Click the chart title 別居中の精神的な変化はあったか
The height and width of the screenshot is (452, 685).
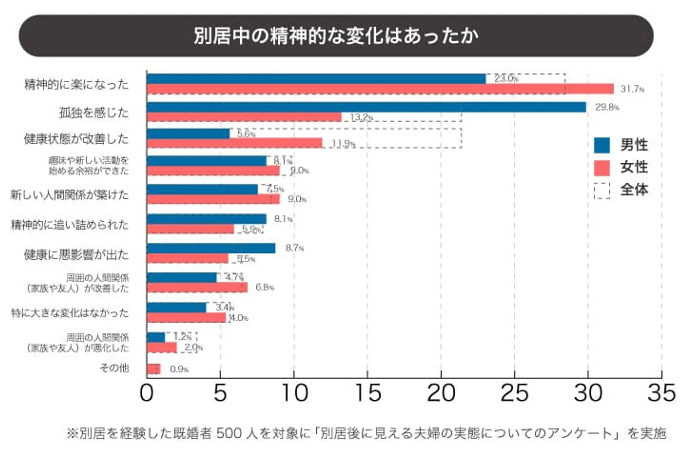[x=336, y=36]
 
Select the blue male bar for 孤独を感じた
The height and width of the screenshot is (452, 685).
[x=366, y=107]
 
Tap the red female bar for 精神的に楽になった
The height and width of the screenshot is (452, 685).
[x=381, y=89]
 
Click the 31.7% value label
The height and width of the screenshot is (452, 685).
[x=632, y=89]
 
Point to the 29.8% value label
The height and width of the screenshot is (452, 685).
[x=607, y=107]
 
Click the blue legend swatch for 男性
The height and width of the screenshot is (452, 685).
[x=602, y=145]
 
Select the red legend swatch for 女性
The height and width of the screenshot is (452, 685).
[x=602, y=167]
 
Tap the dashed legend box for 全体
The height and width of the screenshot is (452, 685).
[x=602, y=190]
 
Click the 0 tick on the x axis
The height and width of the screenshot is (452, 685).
[x=147, y=393]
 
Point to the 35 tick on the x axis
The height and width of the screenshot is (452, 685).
[x=661, y=393]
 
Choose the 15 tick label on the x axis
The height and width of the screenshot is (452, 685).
[x=368, y=393]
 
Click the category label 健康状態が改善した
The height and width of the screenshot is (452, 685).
[x=76, y=139]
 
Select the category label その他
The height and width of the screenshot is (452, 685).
[x=114, y=368]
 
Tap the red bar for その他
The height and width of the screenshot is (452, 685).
[x=154, y=369]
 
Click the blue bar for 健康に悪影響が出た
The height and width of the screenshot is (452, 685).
[x=211, y=248]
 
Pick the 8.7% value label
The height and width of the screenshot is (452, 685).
[x=294, y=248]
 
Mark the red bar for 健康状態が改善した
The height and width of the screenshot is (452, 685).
[x=235, y=143]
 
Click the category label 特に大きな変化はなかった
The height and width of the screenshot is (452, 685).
[x=70, y=313]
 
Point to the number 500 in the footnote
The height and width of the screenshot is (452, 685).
[x=231, y=433]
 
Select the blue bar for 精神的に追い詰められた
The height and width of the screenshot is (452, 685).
[x=206, y=219]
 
